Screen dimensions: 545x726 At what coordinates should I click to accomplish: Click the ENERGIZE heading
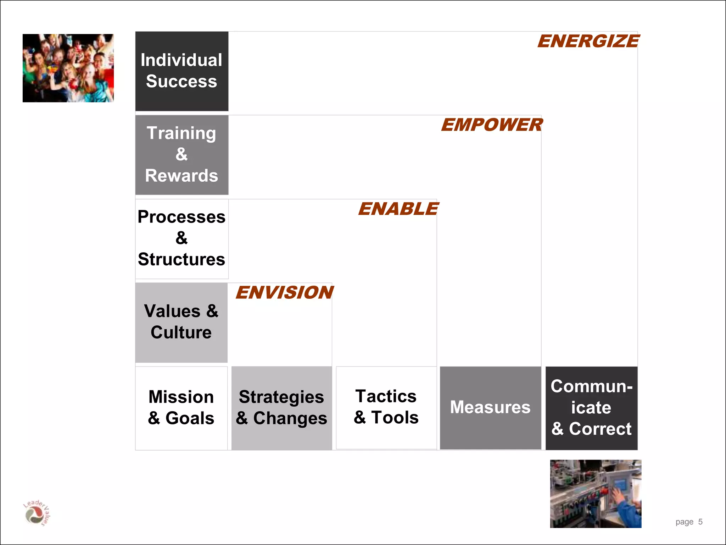point(588,41)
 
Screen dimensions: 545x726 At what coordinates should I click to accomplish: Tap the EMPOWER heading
point(491,125)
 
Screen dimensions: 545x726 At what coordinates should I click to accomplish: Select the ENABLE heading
point(398,209)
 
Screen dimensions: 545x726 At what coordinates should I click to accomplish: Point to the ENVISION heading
point(284,292)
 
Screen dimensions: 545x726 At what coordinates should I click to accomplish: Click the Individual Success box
point(181,71)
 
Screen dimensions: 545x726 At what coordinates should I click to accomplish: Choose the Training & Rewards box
point(181,155)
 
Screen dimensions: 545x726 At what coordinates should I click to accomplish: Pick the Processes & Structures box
point(181,238)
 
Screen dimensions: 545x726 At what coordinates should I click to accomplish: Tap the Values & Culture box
point(181,322)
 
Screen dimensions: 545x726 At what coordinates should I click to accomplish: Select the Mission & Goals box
point(181,408)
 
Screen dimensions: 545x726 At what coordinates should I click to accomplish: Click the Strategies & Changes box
point(281,408)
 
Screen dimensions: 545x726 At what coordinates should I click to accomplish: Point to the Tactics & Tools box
point(386,407)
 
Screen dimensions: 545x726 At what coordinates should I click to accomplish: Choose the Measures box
point(490,407)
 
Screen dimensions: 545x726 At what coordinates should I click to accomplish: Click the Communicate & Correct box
point(591,408)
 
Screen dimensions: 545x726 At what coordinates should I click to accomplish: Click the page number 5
point(700,522)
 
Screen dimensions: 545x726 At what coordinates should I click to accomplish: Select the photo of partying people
point(68,68)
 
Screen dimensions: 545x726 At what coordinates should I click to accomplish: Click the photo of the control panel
point(596,494)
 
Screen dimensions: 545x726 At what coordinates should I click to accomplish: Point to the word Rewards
point(181,176)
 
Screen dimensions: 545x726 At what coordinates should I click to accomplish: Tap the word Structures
point(181,259)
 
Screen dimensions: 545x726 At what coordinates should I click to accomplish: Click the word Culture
point(181,332)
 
